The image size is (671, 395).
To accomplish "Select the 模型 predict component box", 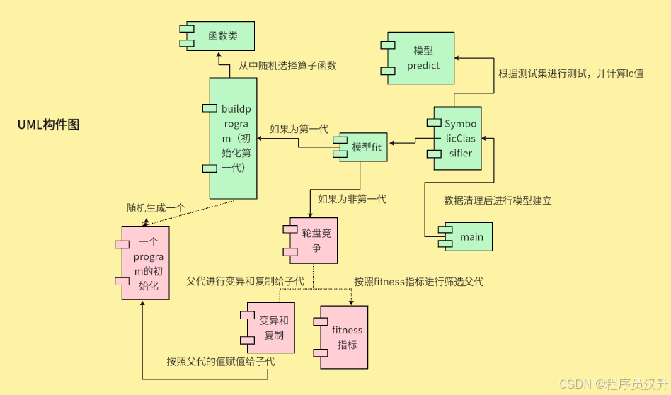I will (423, 58).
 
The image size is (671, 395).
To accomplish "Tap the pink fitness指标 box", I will (346, 337).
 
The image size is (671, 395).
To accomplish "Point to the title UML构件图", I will (48, 125).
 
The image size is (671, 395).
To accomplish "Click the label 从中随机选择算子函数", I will (287, 66).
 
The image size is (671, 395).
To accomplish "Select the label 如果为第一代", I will (299, 129).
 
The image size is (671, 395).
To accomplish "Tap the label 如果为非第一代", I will (352, 199).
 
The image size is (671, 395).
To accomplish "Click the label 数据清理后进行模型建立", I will (498, 201).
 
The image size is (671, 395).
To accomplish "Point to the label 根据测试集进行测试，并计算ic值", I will (570, 73).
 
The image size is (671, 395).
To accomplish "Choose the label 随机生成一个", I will (156, 208).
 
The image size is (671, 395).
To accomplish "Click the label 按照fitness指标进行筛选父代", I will (418, 282).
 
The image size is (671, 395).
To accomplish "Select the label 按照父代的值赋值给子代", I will (220, 361).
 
